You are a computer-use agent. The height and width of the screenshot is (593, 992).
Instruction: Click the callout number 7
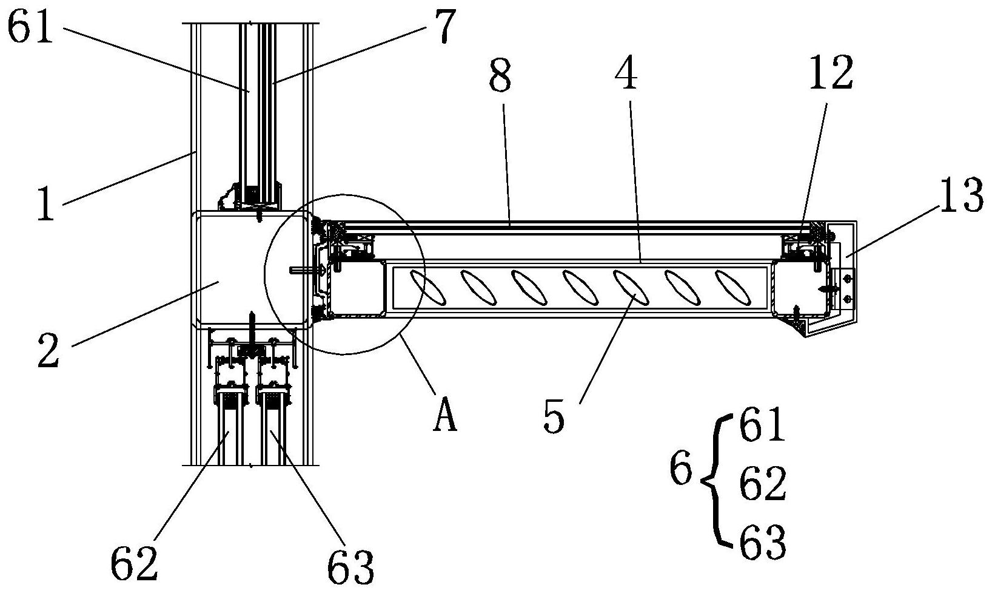442,26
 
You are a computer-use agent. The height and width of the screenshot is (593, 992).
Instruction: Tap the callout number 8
500,76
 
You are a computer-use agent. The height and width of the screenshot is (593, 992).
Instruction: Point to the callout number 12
831,73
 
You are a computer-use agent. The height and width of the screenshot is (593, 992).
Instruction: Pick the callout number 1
45,204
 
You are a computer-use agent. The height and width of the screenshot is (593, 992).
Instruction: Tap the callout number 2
49,351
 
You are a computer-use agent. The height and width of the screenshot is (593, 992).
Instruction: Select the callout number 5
554,416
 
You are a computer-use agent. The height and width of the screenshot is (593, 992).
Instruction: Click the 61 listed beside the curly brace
762,425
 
